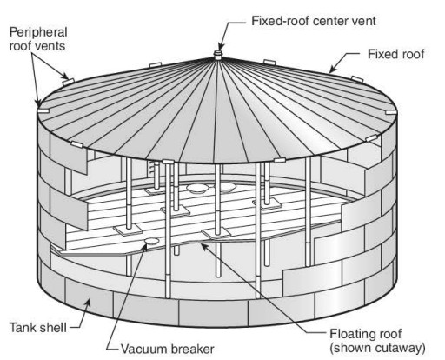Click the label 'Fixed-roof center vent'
coord(314,21)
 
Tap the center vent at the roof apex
coord(217,55)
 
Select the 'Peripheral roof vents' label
coord(38,39)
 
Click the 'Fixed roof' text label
coord(396,54)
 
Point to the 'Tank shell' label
coord(38,328)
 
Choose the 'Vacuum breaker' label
coord(168,349)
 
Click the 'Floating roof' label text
coord(366,334)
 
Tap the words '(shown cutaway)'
coord(377,348)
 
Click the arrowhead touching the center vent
coord(220,46)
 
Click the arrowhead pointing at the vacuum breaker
coord(145,247)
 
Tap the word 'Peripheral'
coord(38,32)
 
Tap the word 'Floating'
coord(352,334)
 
